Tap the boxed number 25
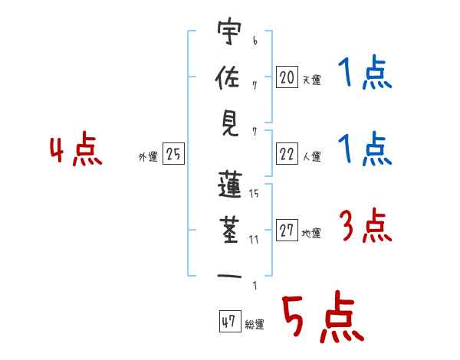click(173, 155)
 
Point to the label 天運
click(311, 79)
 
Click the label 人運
click(311, 157)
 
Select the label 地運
click(311, 234)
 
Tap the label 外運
click(147, 157)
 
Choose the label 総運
click(255, 324)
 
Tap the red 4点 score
click(75, 151)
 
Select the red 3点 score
click(364, 227)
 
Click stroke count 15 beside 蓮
click(254, 194)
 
